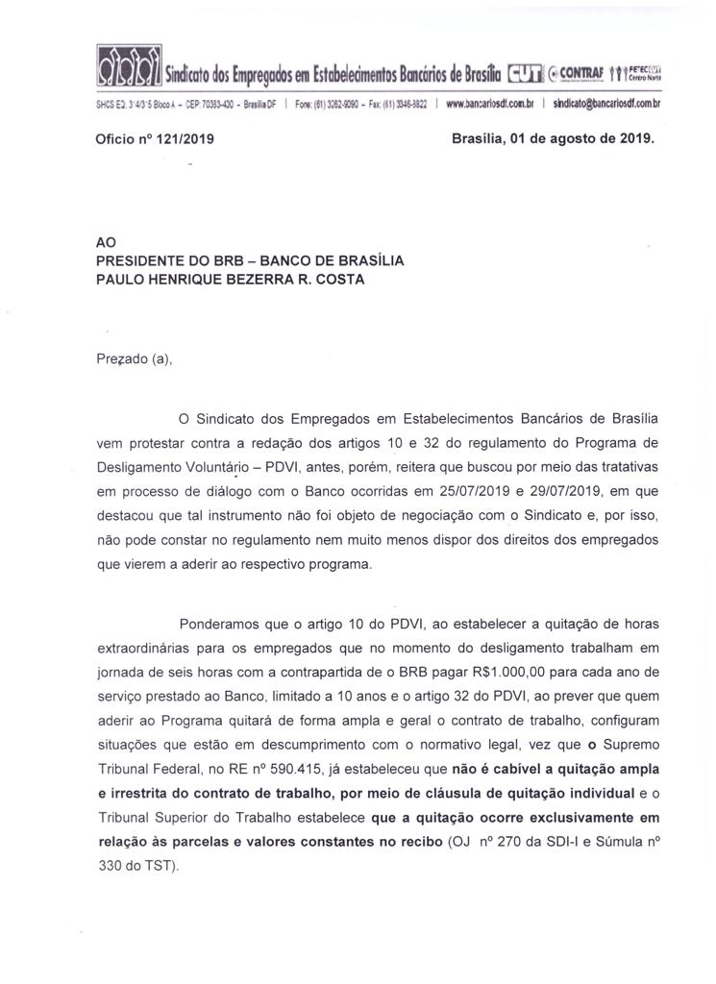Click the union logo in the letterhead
129,67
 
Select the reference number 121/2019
184,138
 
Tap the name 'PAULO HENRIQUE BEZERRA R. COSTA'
231,279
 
